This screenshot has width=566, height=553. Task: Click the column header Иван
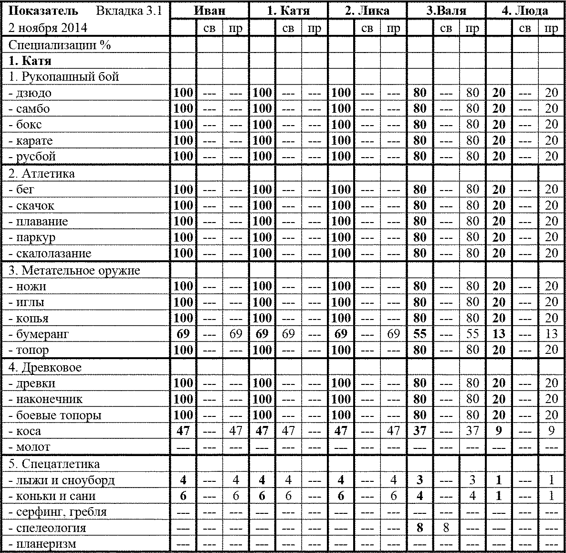click(x=210, y=11)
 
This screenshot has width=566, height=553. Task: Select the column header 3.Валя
click(x=446, y=11)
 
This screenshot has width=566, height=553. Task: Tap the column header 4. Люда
click(x=524, y=11)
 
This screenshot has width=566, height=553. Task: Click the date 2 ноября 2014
click(x=48, y=28)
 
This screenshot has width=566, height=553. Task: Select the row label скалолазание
click(x=50, y=254)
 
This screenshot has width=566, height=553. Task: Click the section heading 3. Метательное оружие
click(x=74, y=271)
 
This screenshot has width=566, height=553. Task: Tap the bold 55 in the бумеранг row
click(x=419, y=334)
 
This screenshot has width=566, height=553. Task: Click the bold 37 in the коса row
click(x=419, y=431)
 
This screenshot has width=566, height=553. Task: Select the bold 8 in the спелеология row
click(x=419, y=528)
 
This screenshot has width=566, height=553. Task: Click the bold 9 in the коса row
click(x=499, y=431)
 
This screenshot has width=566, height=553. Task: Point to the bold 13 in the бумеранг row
click(x=499, y=334)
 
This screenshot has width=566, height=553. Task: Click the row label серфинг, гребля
click(x=58, y=512)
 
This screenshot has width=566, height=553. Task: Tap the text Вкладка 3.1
click(x=129, y=11)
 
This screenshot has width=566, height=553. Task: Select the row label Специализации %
click(x=60, y=45)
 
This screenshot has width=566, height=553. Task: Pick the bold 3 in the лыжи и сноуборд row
click(x=419, y=480)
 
